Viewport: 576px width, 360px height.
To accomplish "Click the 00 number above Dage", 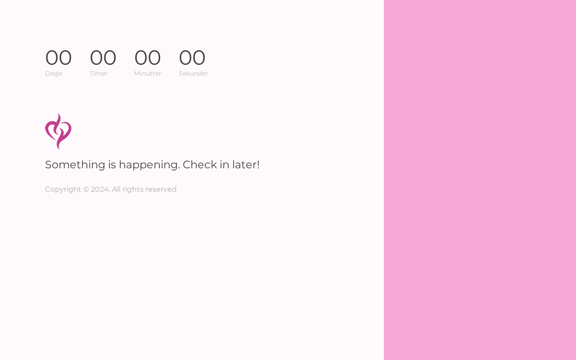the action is click(x=58, y=58).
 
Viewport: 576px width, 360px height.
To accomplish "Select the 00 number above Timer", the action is click(x=103, y=58).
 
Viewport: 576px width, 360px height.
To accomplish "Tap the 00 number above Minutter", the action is click(x=148, y=58).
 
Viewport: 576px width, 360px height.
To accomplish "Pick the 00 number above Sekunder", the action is click(x=192, y=58).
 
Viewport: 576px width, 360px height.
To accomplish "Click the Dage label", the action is click(x=54, y=73).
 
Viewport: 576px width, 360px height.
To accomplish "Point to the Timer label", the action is click(x=99, y=73).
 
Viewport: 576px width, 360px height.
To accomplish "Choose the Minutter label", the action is click(x=148, y=73).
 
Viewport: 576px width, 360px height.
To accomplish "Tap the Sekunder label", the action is click(x=193, y=73).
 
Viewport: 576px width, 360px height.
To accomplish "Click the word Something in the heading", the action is click(x=75, y=165).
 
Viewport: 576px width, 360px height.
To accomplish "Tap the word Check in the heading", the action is click(x=200, y=165).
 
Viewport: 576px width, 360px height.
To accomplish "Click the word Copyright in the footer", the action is click(x=63, y=189).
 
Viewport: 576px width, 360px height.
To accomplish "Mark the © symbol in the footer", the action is click(x=86, y=189).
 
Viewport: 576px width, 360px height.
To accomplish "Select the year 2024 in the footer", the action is click(x=100, y=189).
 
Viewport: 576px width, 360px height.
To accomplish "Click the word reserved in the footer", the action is click(x=161, y=189).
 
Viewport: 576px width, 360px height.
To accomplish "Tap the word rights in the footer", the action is click(x=133, y=189).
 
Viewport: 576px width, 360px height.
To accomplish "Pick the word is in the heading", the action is click(x=112, y=165).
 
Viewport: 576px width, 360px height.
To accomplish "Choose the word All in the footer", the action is click(x=116, y=189).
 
